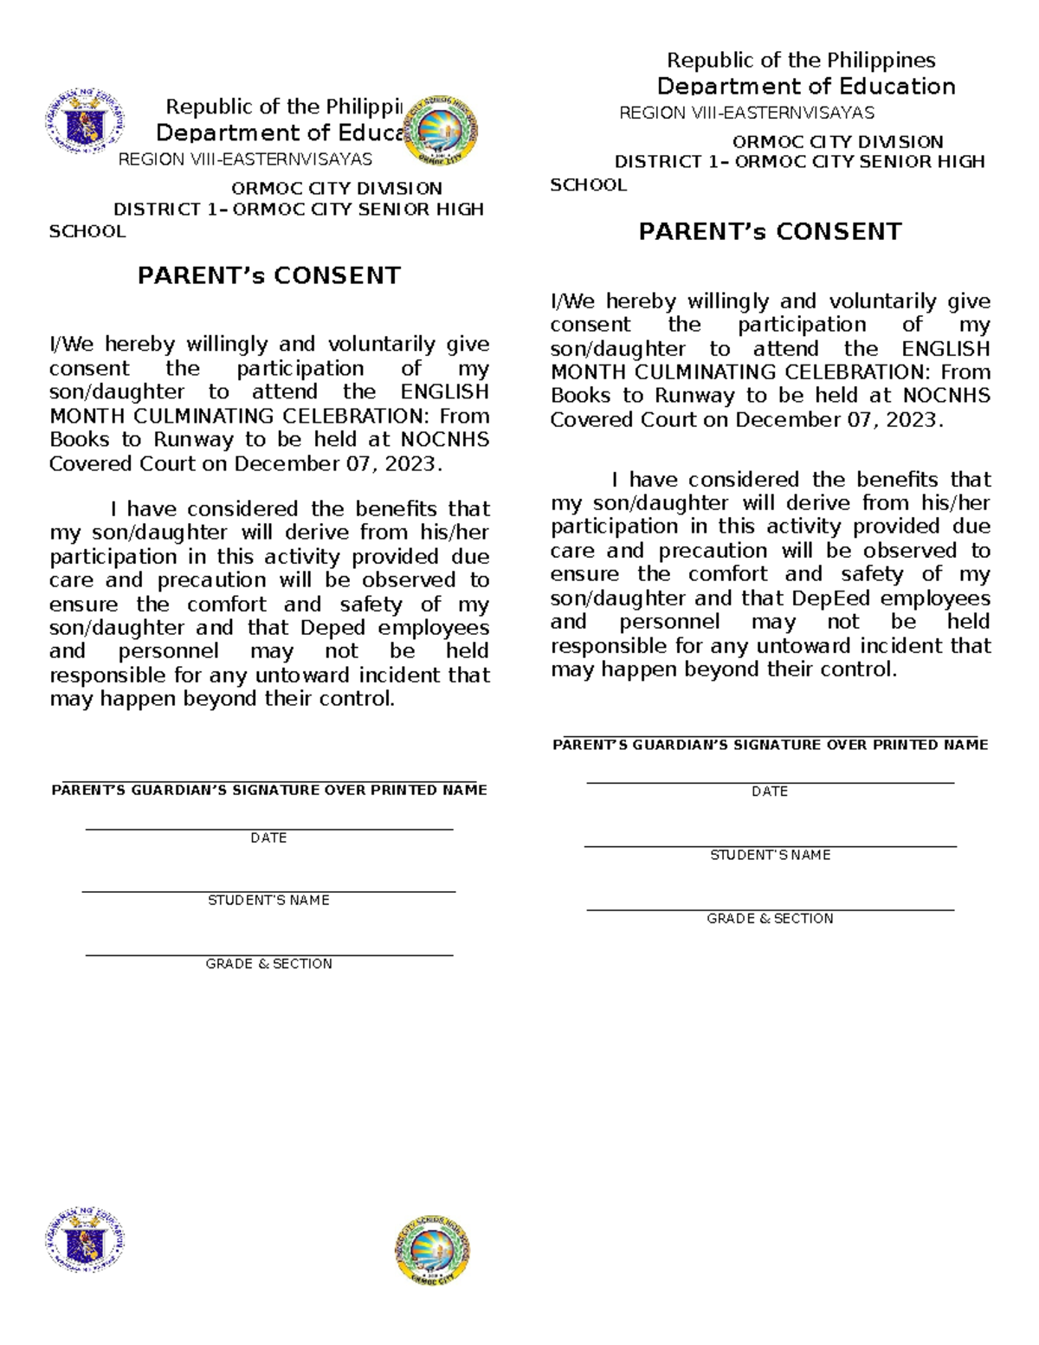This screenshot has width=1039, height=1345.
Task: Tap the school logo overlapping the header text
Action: [x=442, y=131]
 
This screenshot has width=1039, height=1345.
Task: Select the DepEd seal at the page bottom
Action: [x=85, y=1240]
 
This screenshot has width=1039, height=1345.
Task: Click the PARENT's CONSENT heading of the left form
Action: [x=269, y=276]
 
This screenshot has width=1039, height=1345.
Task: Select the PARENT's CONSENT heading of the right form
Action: [x=770, y=232]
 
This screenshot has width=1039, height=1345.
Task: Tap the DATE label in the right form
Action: [x=770, y=792]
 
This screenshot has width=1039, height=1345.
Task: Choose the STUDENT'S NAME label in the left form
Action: [x=268, y=901]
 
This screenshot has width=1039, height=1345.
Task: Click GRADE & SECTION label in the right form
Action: [x=770, y=919]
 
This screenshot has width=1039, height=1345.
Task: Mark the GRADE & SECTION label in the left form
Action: [x=268, y=964]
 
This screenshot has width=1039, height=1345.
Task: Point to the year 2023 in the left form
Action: [x=410, y=464]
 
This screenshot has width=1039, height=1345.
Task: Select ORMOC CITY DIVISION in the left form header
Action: [x=336, y=189]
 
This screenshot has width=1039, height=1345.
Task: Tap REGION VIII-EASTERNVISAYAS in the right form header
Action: [x=746, y=113]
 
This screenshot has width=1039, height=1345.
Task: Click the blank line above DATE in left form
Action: [x=268, y=829]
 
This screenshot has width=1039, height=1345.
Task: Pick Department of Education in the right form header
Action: [x=806, y=87]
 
